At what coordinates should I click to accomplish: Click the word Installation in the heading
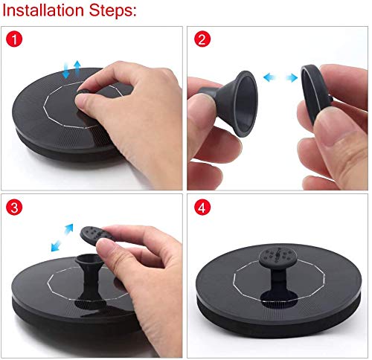(43, 10)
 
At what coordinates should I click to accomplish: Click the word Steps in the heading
(111, 11)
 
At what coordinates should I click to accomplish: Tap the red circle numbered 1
(14, 39)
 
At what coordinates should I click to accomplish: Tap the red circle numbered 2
(202, 39)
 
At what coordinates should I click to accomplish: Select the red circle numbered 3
(14, 207)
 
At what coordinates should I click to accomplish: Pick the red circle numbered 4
(202, 207)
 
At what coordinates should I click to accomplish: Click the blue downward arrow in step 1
(66, 71)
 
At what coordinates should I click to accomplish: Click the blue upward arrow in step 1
(77, 68)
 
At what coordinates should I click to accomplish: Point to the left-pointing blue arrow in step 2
(270, 77)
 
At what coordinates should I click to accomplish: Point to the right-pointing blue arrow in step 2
(292, 77)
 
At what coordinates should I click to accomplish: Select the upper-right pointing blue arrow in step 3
(68, 228)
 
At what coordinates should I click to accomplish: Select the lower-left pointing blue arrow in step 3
(56, 246)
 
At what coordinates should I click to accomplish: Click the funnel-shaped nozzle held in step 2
(232, 102)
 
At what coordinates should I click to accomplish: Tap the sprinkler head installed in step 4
(278, 257)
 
